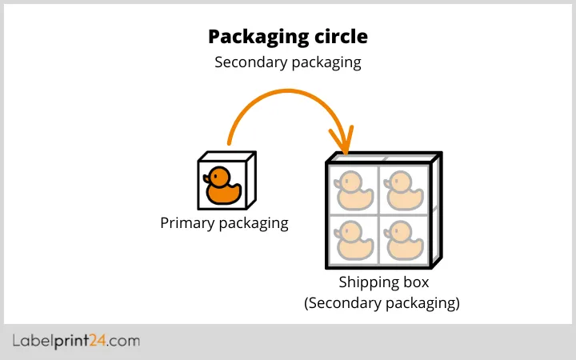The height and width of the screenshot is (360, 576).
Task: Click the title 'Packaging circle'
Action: tap(288, 37)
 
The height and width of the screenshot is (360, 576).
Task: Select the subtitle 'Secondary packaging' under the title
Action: tap(288, 62)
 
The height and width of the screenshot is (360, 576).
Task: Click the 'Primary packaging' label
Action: tap(224, 223)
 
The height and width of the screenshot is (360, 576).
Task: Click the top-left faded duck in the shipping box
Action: tap(352, 190)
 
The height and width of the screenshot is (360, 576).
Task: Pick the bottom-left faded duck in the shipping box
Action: tap(352, 238)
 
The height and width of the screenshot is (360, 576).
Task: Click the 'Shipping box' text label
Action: tap(384, 282)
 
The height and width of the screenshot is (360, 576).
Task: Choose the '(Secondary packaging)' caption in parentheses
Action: tap(382, 303)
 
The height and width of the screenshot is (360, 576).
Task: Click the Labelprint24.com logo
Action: tap(76, 342)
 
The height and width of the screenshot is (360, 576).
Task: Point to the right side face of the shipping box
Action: tap(436, 212)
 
